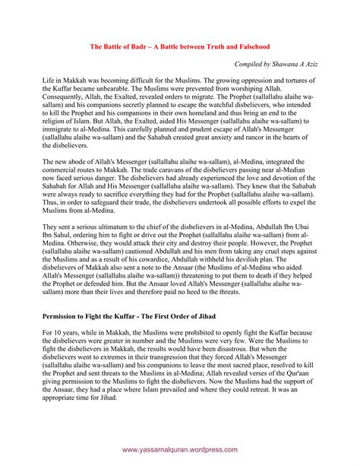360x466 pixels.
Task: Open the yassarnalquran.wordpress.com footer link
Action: click(x=179, y=449)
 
